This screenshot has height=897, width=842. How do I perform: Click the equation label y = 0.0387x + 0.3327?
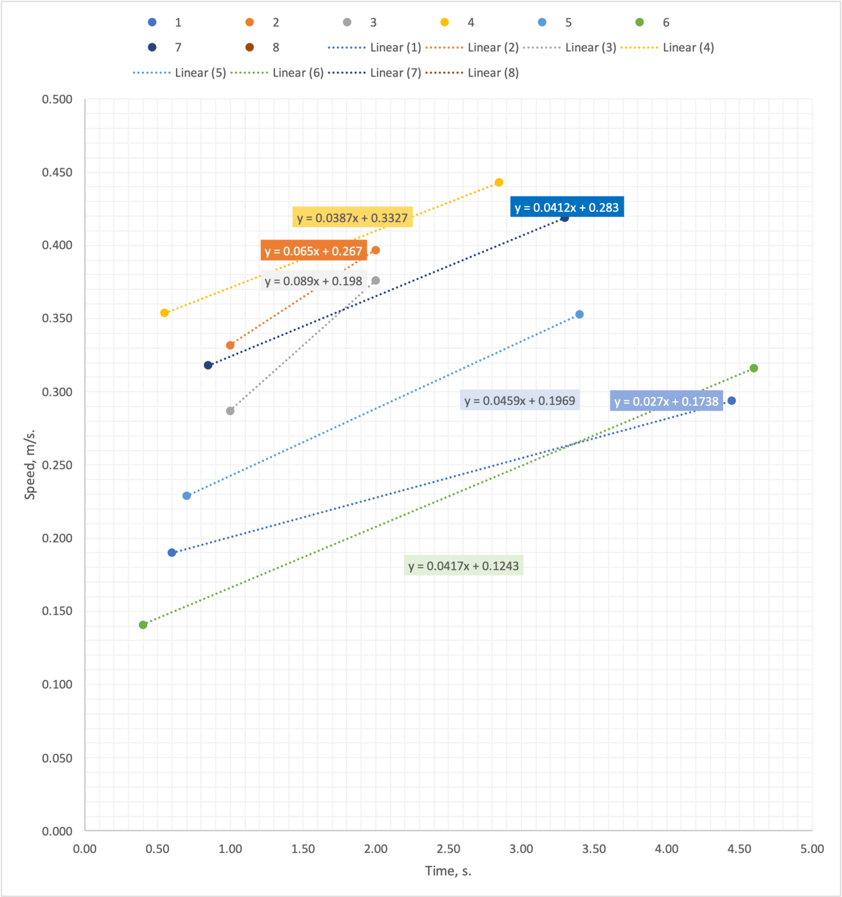[352, 218]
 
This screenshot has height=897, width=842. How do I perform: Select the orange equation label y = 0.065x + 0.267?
[313, 251]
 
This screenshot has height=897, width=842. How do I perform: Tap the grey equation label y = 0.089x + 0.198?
[313, 281]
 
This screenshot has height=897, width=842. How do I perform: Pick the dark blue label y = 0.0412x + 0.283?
[566, 207]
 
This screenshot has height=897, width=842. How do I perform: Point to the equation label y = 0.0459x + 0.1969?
[519, 401]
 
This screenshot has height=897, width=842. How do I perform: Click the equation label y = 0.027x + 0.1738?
[666, 401]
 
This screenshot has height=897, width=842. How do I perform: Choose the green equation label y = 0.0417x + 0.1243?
[463, 566]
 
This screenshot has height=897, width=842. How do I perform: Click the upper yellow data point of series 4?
[499, 182]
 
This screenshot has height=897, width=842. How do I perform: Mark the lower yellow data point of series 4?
[164, 313]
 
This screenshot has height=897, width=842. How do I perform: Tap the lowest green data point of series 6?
[143, 625]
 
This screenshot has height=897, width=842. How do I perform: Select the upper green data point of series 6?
[754, 368]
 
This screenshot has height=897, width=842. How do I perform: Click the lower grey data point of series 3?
[230, 411]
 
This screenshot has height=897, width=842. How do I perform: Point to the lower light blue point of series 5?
[187, 496]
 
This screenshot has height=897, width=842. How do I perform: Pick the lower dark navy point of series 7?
[208, 365]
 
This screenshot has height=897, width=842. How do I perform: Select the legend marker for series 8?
[250, 47]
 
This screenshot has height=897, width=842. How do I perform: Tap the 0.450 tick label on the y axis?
[57, 172]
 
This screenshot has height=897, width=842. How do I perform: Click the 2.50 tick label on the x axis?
[448, 849]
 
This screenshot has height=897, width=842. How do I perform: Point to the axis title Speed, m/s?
[29, 465]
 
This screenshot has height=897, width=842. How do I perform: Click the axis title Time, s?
[448, 871]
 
